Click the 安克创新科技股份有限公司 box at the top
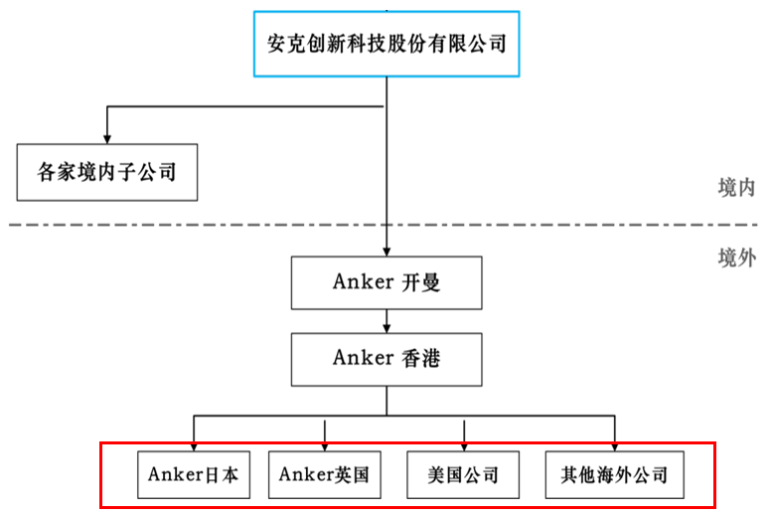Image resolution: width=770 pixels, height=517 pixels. [x=386, y=45]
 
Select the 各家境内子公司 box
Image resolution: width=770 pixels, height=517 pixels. [x=106, y=172]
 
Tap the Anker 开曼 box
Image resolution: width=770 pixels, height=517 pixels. [x=385, y=281]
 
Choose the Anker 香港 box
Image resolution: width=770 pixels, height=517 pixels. [x=385, y=358]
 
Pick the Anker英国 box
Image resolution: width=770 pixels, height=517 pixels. [x=324, y=474]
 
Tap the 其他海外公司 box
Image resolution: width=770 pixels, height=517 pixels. [x=614, y=474]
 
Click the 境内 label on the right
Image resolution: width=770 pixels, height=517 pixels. [x=735, y=188]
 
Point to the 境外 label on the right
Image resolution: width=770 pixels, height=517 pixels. [x=735, y=258]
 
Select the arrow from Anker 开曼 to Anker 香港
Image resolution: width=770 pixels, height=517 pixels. [x=385, y=319]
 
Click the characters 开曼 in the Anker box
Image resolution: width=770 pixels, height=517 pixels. [x=420, y=281]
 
